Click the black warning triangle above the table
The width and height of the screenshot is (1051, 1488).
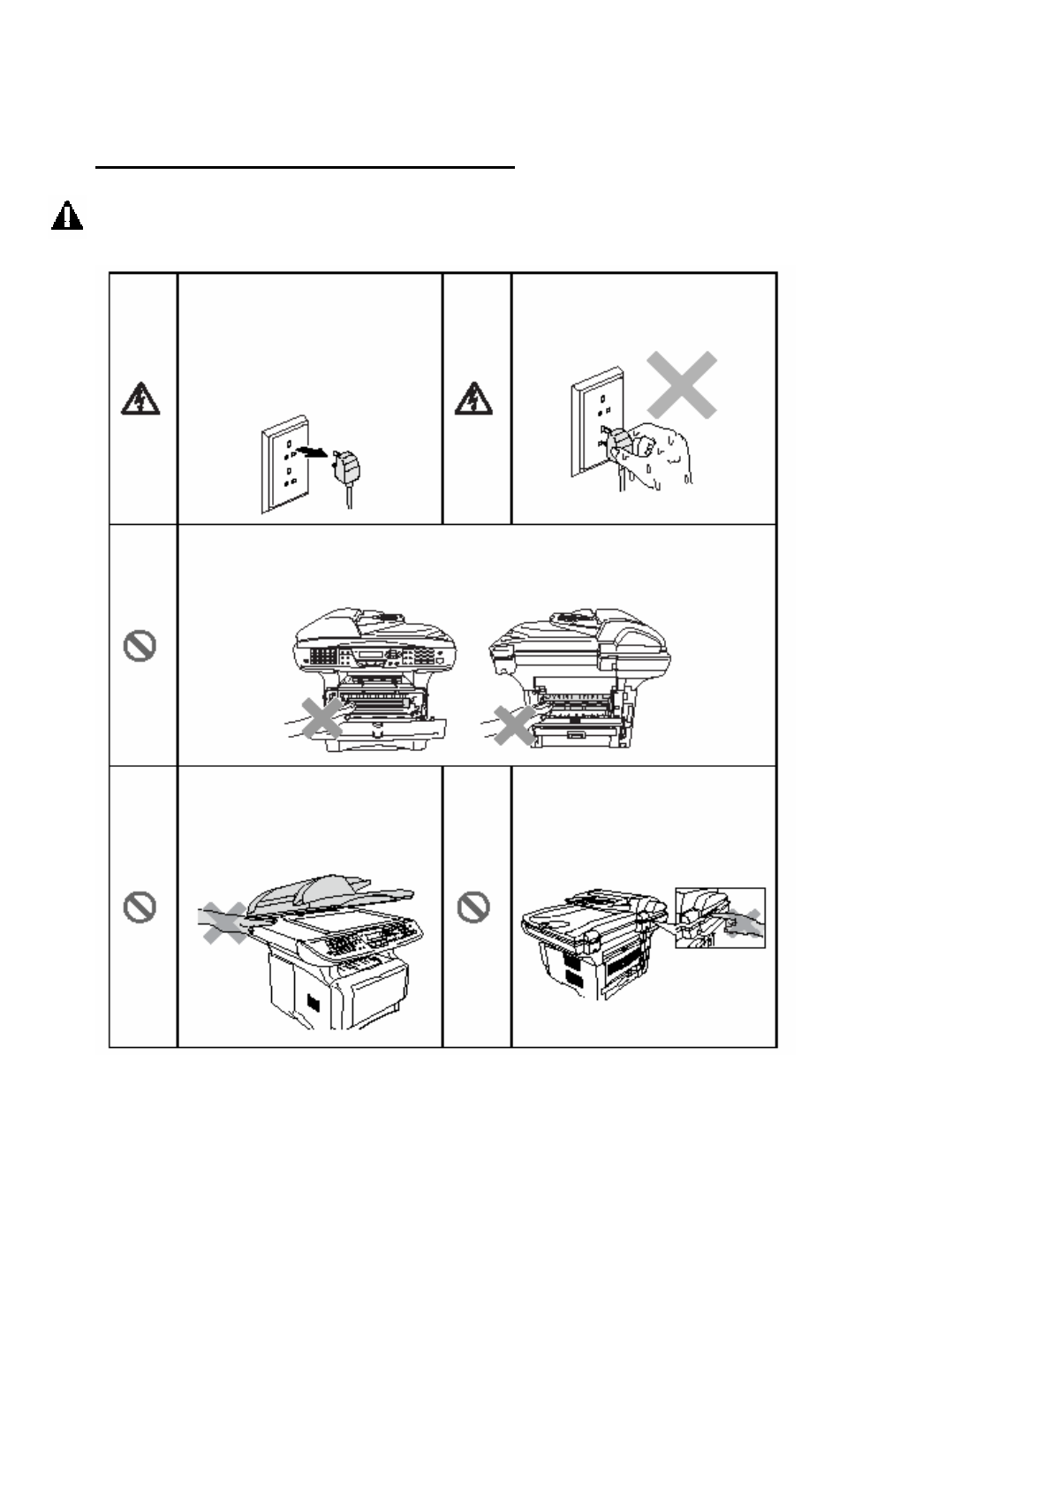pos(67,216)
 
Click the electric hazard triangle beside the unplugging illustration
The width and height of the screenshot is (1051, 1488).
pos(140,401)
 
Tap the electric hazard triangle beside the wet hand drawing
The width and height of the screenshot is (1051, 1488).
pos(473,401)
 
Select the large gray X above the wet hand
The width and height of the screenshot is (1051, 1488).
pos(681,385)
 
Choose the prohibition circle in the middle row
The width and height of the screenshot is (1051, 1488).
pos(140,647)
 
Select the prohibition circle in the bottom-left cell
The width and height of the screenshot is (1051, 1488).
pos(140,907)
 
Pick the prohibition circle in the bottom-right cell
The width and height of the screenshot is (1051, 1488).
pos(474,907)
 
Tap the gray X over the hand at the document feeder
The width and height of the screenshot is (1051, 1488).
pos(224,922)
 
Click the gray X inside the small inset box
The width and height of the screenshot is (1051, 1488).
pos(747,922)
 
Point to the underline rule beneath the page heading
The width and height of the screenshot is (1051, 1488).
pos(305,165)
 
